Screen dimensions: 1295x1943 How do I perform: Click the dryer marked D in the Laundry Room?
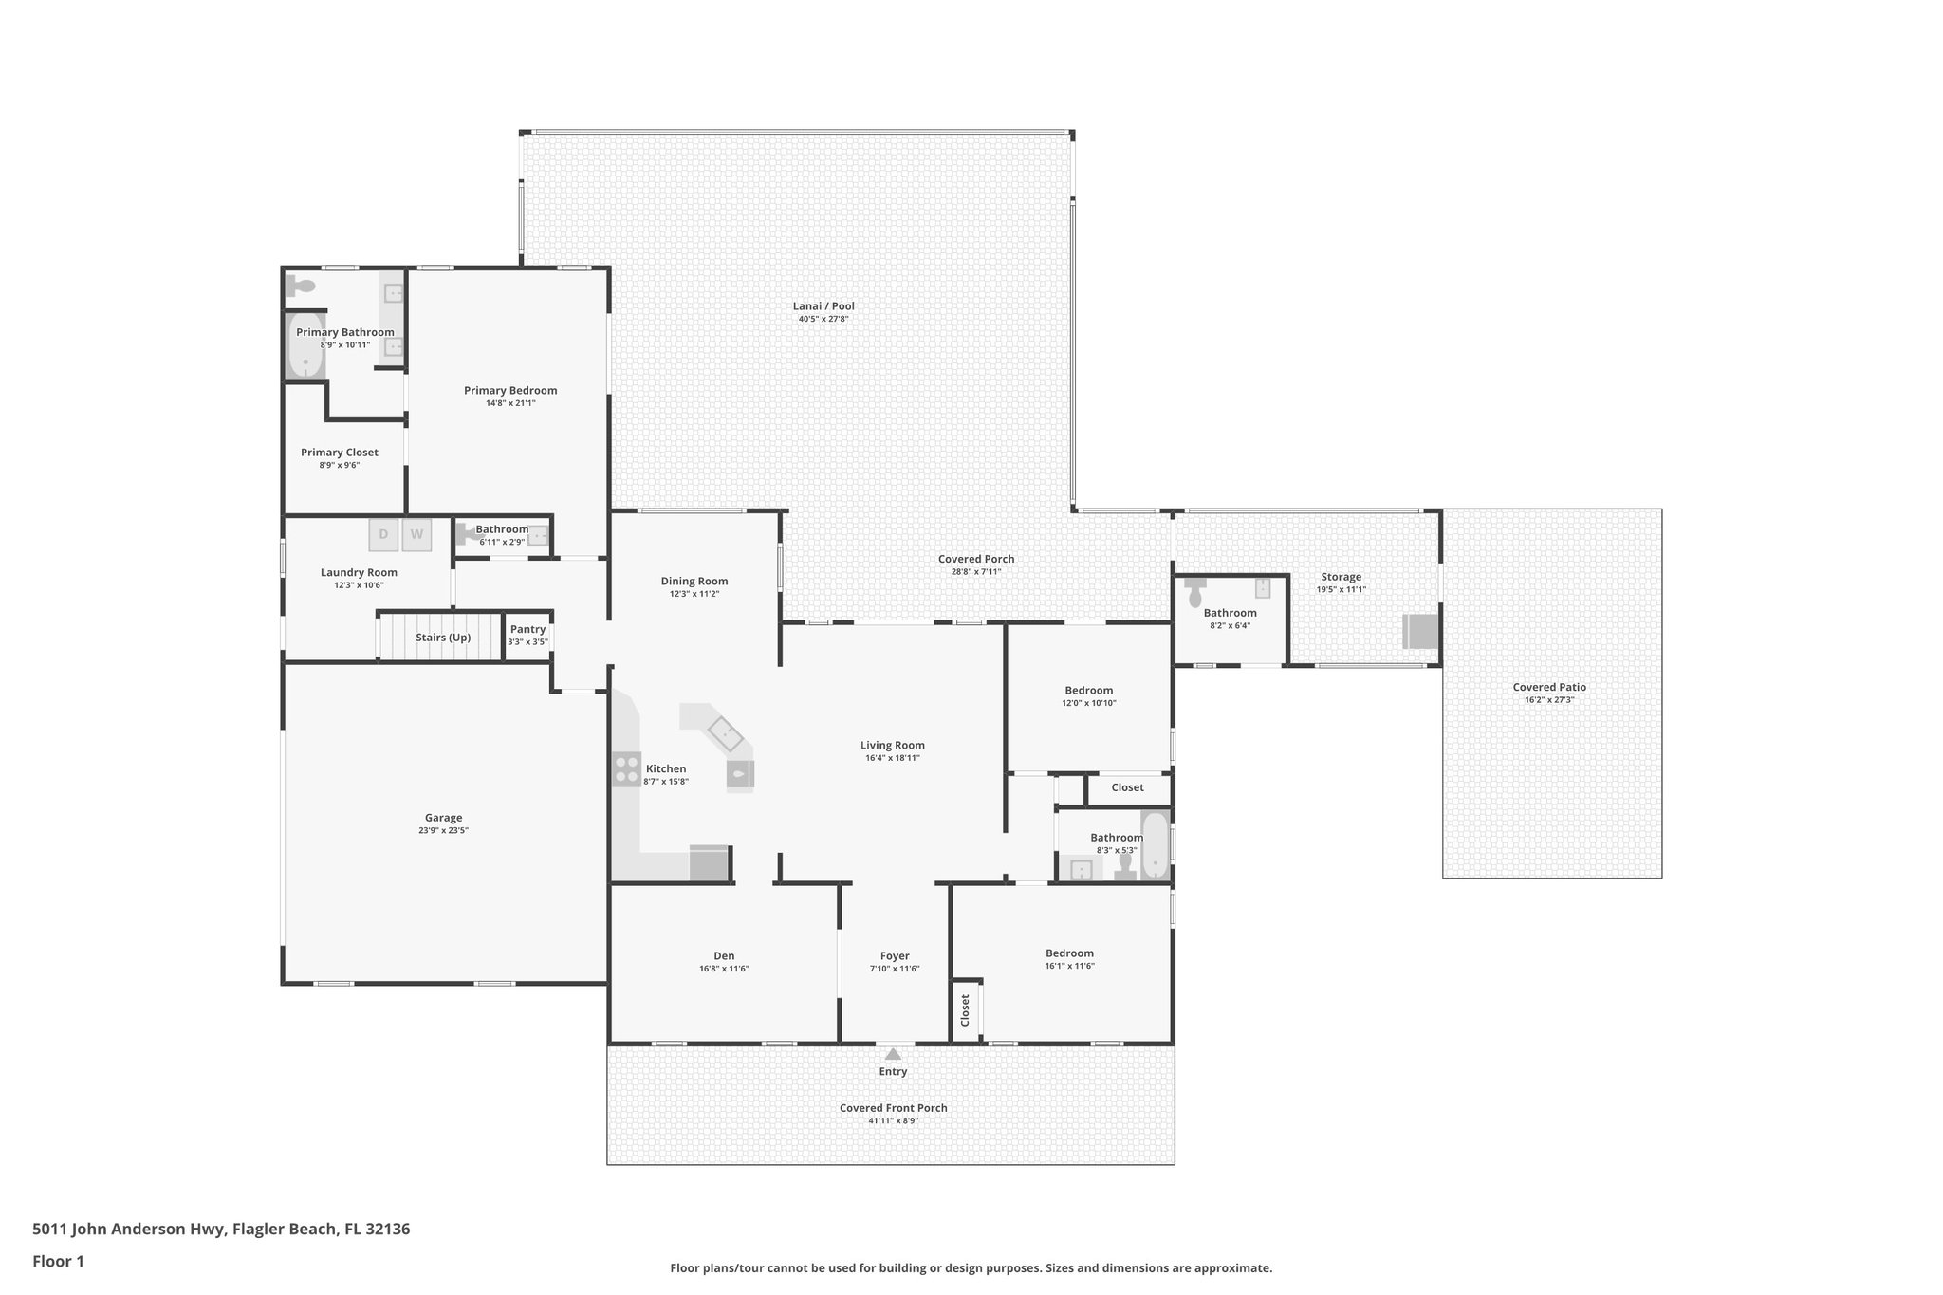tap(383, 534)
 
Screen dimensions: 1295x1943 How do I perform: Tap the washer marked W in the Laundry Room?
tap(416, 534)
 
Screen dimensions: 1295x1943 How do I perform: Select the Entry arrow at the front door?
tap(893, 1053)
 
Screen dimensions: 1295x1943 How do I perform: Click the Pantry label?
tap(527, 629)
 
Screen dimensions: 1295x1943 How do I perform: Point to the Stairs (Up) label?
tap(443, 638)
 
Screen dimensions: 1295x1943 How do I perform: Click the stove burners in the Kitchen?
tap(626, 768)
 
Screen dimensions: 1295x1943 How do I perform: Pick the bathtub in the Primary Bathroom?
tap(305, 346)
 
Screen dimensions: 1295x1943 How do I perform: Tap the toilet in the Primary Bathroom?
tap(301, 286)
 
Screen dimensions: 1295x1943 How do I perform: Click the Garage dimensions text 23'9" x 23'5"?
tap(443, 830)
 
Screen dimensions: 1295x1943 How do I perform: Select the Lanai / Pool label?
tap(823, 306)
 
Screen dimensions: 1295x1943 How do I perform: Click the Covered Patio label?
tap(1549, 687)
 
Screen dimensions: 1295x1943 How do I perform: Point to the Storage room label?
tap(1341, 577)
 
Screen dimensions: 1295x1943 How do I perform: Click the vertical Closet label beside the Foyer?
tap(965, 1010)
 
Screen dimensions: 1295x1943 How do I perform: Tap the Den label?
tap(724, 955)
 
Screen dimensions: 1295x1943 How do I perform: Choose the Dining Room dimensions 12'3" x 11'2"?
tap(694, 594)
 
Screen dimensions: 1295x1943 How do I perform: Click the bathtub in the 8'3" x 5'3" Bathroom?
tap(1155, 845)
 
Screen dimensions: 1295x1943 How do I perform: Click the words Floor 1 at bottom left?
tap(59, 1262)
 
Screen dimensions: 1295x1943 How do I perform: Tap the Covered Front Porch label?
tap(893, 1108)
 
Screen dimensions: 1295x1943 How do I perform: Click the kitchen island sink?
tap(726, 733)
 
